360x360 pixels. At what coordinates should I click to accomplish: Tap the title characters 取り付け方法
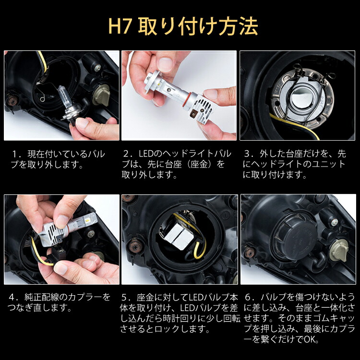click(x=198, y=27)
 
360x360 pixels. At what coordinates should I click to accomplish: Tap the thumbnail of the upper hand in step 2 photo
click(x=166, y=64)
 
